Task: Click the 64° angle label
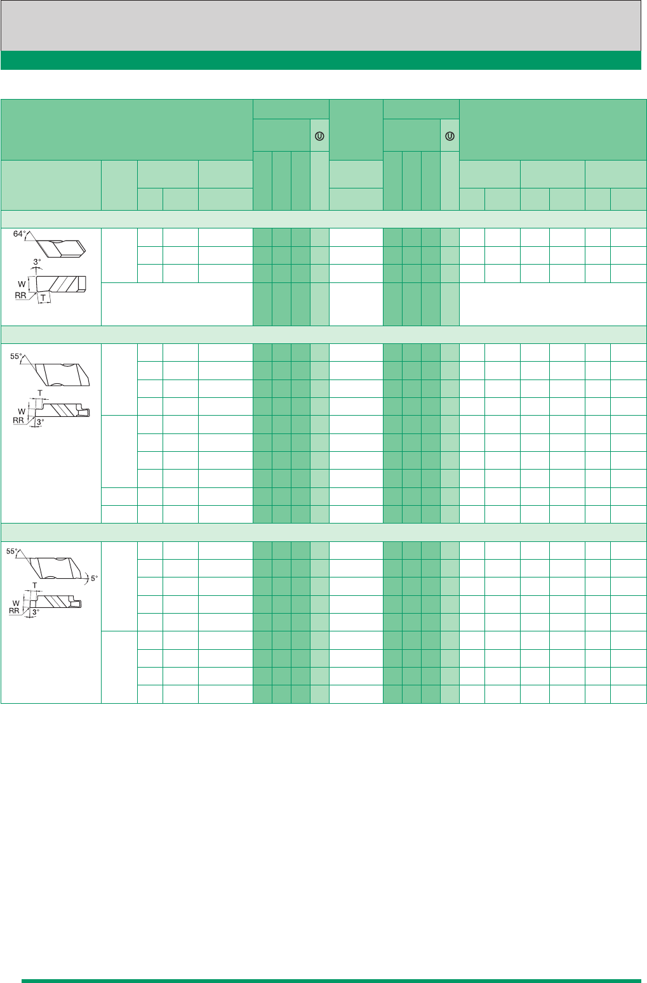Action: coord(19,234)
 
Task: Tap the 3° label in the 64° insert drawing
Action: coord(37,261)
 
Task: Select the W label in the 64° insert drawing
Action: coord(22,284)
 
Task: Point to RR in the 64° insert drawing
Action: coord(20,295)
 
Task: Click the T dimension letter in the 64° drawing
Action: coord(43,298)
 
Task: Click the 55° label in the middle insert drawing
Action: coord(16,357)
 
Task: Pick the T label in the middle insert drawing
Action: coord(40,393)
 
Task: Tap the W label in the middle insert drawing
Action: coord(22,412)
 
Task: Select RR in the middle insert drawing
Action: coord(18,420)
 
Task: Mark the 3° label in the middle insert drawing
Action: coord(40,422)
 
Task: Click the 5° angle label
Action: coord(95,578)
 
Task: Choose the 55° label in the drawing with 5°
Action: coord(12,551)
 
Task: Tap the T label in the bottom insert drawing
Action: coord(35,585)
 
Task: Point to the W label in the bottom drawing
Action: coord(16,604)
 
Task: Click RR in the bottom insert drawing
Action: coord(14,611)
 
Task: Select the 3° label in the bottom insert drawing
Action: coord(36,612)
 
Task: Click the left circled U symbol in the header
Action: coord(319,136)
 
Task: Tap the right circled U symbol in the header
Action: coord(450,136)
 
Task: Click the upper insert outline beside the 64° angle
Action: coord(60,248)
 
